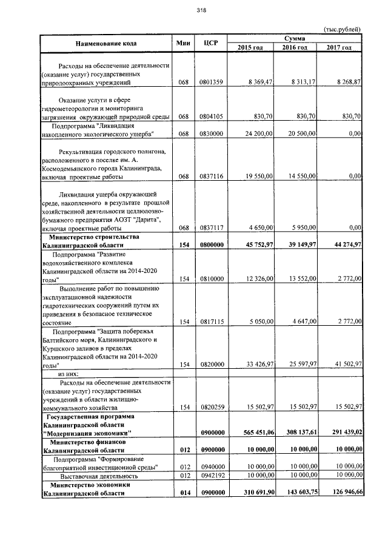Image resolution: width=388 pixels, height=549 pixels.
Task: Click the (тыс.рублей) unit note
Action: [x=341, y=29]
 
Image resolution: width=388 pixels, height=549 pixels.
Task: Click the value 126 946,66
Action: [x=343, y=493]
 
